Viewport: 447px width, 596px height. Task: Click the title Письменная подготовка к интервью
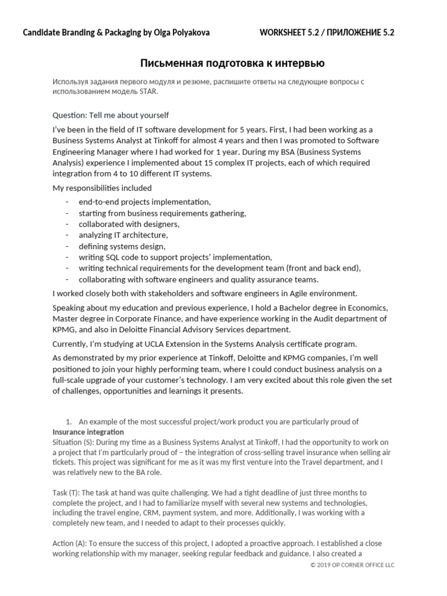click(232, 63)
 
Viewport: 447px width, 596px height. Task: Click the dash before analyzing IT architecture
click(68, 235)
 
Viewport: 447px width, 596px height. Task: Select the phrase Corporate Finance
click(144, 318)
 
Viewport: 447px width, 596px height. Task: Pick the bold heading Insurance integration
click(88, 432)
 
